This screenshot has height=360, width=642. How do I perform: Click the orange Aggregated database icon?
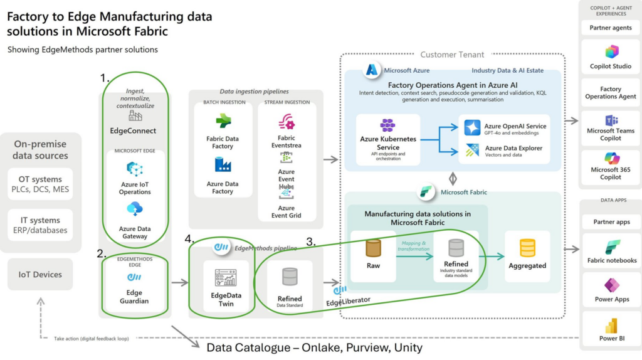pyautogui.click(x=527, y=248)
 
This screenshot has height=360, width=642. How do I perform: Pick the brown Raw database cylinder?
pyautogui.click(x=374, y=248)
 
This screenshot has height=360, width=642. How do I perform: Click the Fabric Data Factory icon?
pyautogui.click(x=223, y=122)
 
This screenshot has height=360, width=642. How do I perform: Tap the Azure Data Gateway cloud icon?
pyautogui.click(x=135, y=209)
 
